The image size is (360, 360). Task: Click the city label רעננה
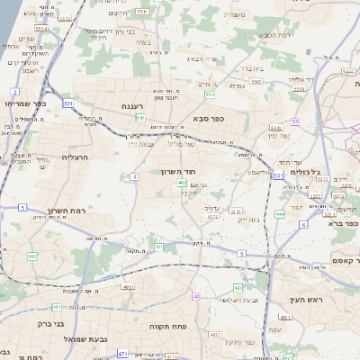pos(134,106)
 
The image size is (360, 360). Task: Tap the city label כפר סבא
pos(208,117)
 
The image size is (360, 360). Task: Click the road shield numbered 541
pos(140,117)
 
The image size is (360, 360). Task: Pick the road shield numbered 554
pos(210,94)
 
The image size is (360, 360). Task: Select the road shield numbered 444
pos(280,214)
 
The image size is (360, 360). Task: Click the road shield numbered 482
pos(33,256)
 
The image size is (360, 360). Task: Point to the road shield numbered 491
pos(158,246)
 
